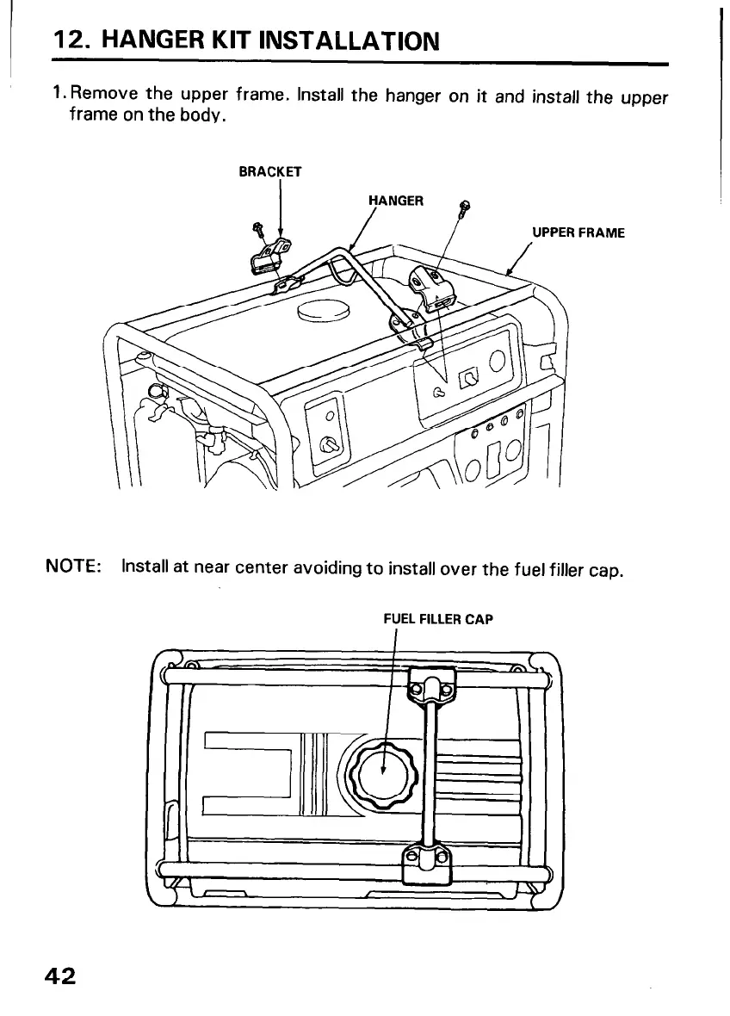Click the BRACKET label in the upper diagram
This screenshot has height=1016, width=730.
coord(269,171)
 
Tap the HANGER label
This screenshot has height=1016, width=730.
coord(395,201)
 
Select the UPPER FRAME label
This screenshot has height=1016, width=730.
coord(577,232)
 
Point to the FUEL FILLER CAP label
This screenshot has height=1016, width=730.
coord(437,618)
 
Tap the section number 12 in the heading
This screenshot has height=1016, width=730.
coord(69,40)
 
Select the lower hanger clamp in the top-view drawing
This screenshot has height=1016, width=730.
coord(426,861)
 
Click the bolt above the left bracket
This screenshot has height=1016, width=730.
coord(257,229)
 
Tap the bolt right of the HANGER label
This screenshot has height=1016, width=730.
coord(466,207)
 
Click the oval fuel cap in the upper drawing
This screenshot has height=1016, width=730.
coord(323,312)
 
